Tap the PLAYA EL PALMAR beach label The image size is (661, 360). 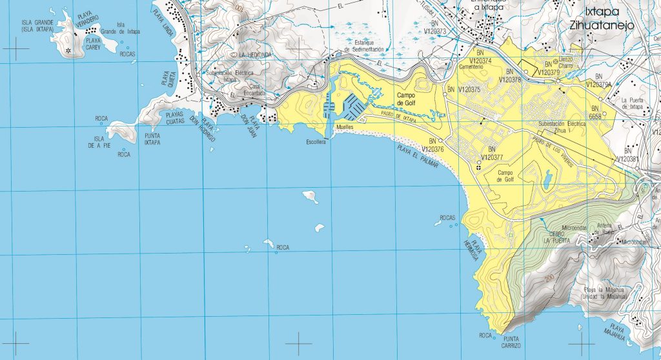417,157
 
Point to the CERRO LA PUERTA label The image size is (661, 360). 558,236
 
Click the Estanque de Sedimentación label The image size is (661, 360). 364,46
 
